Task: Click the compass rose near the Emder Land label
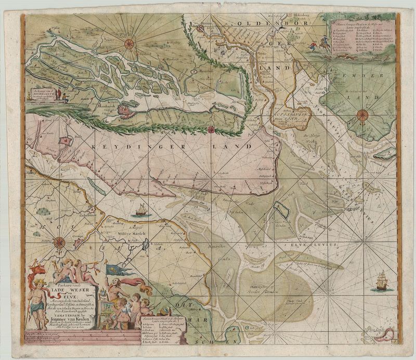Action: pos(363,115)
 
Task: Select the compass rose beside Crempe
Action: pos(59,242)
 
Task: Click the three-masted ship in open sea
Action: pos(382,281)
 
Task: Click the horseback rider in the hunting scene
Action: pos(325,46)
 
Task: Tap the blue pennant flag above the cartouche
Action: pos(113,270)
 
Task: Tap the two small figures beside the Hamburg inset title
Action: pos(62,95)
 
